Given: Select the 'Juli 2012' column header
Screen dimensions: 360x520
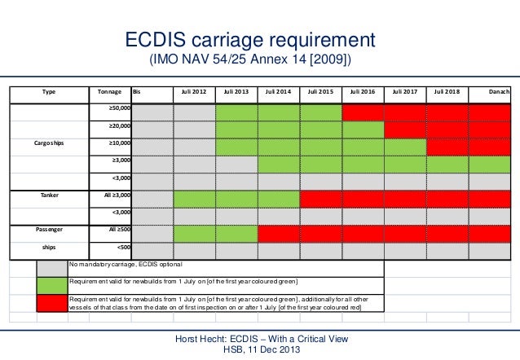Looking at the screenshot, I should [x=194, y=92].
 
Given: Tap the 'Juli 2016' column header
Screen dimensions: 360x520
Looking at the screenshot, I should [x=363, y=92].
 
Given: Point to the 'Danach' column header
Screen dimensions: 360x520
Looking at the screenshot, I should [x=499, y=92].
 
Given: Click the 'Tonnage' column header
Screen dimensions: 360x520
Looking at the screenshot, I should [x=109, y=92].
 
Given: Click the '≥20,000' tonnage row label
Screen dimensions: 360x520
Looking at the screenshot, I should [x=120, y=128].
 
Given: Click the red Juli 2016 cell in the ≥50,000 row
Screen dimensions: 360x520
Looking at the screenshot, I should [x=363, y=111].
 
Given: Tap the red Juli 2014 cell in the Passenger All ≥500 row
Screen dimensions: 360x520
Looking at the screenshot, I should [x=279, y=234].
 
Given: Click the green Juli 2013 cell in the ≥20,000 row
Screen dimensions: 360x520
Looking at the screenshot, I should [x=236, y=128].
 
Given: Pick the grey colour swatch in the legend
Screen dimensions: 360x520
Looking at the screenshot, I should [x=52, y=268].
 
